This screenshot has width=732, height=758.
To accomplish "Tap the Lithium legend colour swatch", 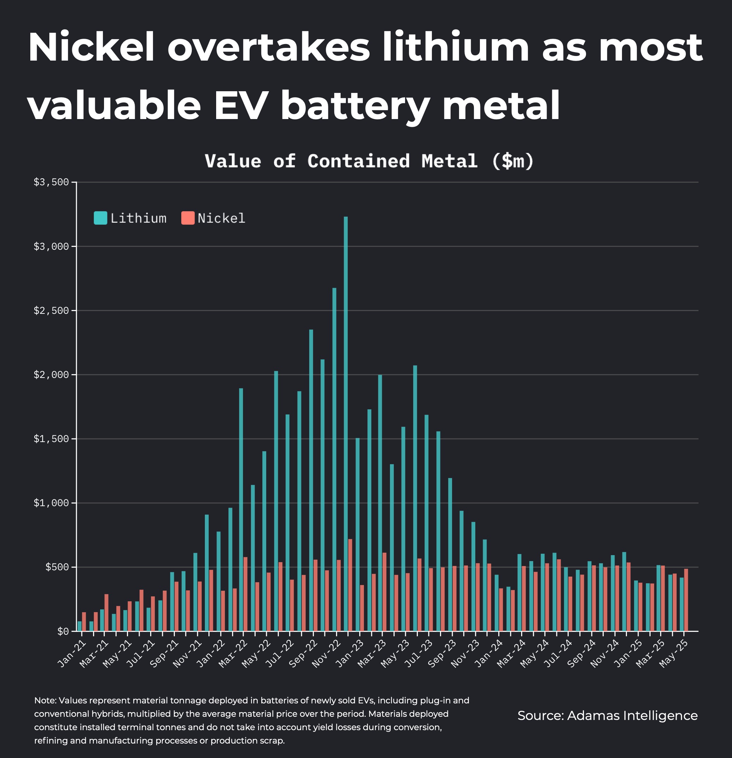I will pos(100,218).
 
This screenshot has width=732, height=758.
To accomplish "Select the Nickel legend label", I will pos(221,218).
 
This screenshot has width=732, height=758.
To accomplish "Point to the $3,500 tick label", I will pos(51,182).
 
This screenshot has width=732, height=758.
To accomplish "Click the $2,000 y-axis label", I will pos(51,375).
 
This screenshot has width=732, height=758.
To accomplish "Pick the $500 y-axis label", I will pos(57,567).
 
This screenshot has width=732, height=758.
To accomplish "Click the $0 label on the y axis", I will pos(63,632).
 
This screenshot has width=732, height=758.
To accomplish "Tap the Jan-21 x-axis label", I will pos(72,654).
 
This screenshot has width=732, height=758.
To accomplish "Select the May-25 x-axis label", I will pos(674,654).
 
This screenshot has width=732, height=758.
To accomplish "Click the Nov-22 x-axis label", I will pos(326,654).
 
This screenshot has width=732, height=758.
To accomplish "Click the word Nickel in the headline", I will pos(91,48).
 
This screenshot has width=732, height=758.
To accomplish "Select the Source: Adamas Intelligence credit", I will pos(607,715).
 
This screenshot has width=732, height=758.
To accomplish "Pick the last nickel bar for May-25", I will pos(686,600).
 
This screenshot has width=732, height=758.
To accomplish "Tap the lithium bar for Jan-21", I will pos(79,627).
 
